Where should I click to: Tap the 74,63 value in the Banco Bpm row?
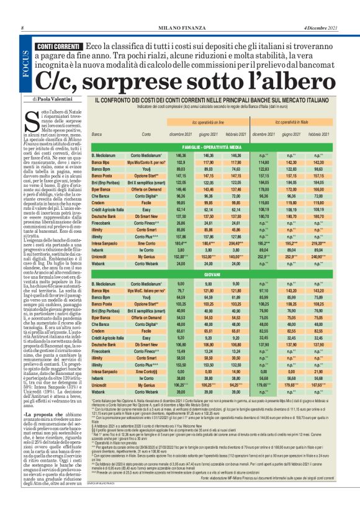(236, 168)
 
